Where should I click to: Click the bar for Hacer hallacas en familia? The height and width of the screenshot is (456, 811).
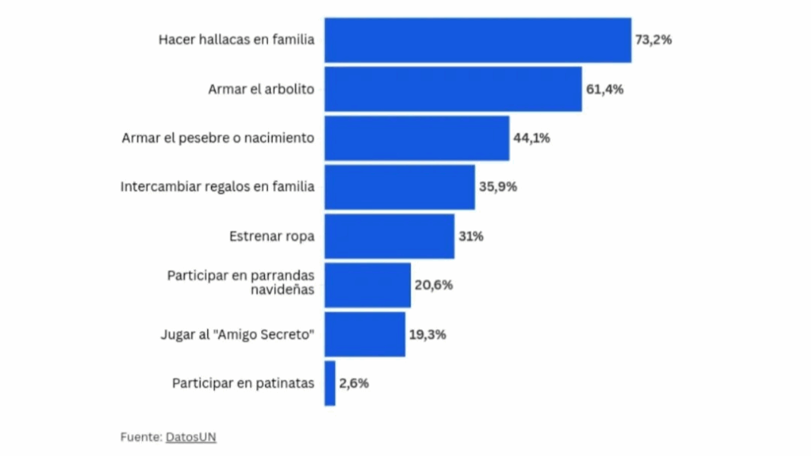(478, 40)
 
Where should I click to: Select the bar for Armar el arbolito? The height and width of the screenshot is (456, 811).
(453, 89)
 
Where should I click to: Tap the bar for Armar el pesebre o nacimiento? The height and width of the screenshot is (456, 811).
(417, 138)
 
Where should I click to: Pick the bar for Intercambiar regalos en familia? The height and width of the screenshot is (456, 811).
(399, 187)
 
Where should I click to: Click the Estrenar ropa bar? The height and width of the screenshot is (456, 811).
(390, 236)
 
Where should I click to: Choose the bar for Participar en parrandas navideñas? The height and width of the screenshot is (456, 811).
(368, 285)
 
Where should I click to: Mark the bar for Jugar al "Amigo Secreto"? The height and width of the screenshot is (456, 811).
(364, 334)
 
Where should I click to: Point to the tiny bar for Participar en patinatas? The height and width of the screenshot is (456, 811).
(330, 383)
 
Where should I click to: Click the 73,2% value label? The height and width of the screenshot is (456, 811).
(653, 40)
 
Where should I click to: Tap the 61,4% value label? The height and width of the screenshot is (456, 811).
(604, 89)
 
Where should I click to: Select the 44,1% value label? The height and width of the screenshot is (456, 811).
(532, 138)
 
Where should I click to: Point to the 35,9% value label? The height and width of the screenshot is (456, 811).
(497, 187)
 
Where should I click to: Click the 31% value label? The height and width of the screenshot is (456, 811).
(471, 236)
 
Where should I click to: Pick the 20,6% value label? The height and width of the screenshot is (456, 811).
(434, 285)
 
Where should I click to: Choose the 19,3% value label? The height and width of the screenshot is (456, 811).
(428, 334)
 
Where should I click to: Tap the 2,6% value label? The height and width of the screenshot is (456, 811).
(354, 383)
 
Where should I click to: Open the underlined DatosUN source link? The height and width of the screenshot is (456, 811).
(191, 437)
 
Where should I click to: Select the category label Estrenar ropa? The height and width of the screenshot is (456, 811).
(272, 236)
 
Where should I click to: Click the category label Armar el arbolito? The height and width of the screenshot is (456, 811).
(261, 89)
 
